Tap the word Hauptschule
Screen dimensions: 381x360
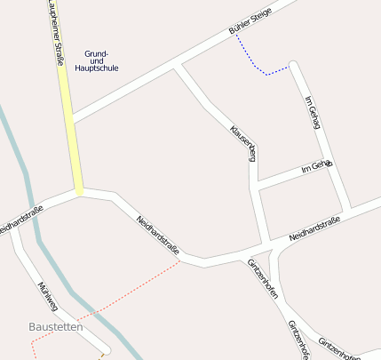(97, 68)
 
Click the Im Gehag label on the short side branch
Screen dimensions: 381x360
(316, 166)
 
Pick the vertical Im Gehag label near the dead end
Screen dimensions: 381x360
(311, 112)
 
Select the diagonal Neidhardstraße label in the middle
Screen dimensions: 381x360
(158, 237)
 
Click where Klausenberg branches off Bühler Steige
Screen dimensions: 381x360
(177, 66)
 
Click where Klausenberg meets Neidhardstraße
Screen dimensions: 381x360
(266, 245)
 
